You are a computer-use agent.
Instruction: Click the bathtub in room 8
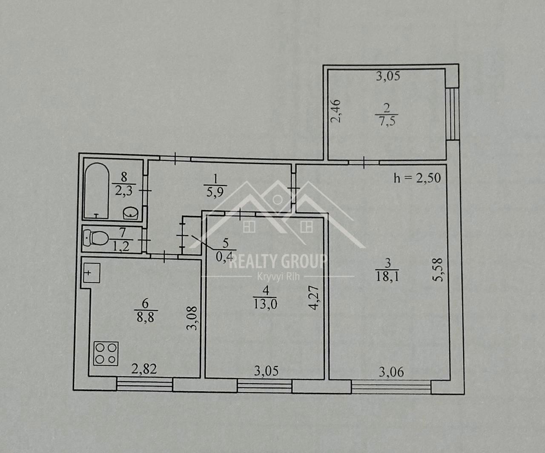click(x=97, y=191)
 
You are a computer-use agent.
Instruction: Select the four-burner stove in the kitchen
click(x=106, y=353)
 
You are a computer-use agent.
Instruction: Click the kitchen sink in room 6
click(x=92, y=273)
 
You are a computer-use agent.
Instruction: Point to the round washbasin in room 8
click(x=131, y=213)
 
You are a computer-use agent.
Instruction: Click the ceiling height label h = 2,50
click(x=417, y=178)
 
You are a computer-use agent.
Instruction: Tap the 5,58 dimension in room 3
click(x=437, y=270)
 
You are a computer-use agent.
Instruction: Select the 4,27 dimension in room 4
click(x=314, y=298)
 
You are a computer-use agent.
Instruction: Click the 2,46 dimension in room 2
click(x=336, y=111)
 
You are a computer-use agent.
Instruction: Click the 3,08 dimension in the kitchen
click(x=192, y=318)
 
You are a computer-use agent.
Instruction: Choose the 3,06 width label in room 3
click(x=391, y=372)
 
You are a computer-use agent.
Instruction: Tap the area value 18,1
click(x=387, y=277)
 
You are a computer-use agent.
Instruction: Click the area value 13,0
click(x=265, y=304)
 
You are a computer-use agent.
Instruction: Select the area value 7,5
click(x=387, y=121)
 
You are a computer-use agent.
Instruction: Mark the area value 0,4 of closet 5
click(x=224, y=257)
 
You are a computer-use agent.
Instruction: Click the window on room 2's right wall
click(x=453, y=114)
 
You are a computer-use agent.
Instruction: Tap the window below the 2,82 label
click(x=144, y=384)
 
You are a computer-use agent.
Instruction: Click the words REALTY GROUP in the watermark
click(x=278, y=261)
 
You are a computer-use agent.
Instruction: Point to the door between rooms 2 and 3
click(x=364, y=162)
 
